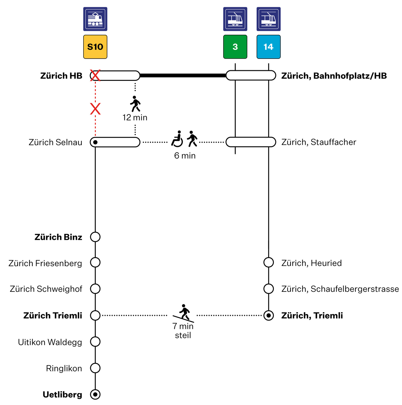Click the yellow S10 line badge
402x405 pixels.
coord(95,47)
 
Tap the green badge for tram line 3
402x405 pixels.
coord(235,47)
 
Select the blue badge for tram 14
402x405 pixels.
coord(269,47)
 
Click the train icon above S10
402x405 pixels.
coord(95,19)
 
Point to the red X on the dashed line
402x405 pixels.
coord(95,109)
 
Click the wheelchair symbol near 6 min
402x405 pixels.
coord(177,139)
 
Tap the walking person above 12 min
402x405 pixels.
coord(135,104)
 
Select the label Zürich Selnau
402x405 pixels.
coord(55,142)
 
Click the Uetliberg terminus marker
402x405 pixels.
coord(95,394)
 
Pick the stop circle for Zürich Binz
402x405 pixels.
coord(95,237)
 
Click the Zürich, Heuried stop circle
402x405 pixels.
coord(269,262)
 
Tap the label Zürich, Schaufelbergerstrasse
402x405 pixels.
coord(340,289)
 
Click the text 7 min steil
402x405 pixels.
coord(183,331)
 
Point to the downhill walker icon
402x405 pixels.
coord(184,312)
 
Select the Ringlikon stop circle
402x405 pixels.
coord(95,368)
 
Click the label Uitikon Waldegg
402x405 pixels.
coord(50,342)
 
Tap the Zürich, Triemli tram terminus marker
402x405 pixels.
coord(269,315)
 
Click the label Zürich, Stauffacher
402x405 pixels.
coord(318,142)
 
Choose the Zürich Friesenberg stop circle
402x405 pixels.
coord(95,262)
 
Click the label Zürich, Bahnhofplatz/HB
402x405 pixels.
coord(334,76)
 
